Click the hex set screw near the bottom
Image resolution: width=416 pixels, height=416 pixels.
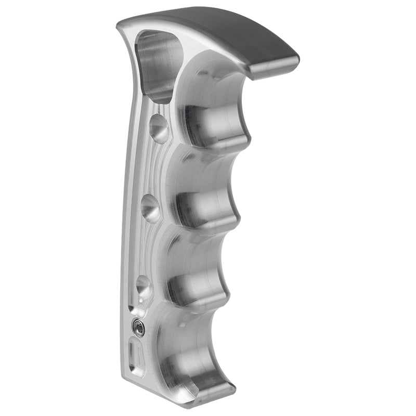pyautogui.click(x=138, y=327)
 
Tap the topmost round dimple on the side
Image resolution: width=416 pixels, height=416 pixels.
pyautogui.click(x=159, y=127)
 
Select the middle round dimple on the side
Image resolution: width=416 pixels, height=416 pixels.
pyautogui.click(x=151, y=207)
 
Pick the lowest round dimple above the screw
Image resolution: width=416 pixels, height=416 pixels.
pyautogui.click(x=144, y=287)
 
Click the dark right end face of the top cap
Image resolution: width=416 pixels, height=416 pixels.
pyautogui.click(x=276, y=68)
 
